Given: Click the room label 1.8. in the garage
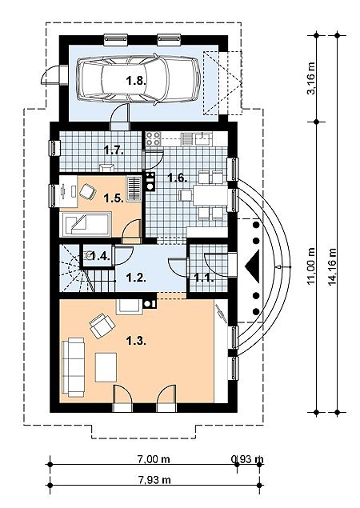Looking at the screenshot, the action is pos(137,81).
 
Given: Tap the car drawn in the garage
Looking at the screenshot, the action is pos(138,79).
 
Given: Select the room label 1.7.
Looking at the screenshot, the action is pos(114,150).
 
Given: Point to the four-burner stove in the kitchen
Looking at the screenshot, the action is pos(153,138).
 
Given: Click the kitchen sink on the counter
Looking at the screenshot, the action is pos(202,138).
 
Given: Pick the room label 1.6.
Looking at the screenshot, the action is pos(177,178).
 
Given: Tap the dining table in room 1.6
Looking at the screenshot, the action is pos(210,195).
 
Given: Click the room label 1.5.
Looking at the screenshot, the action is pos(114,198).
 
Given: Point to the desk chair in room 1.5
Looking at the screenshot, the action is pos(87,192).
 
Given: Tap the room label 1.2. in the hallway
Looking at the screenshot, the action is pos(136,278).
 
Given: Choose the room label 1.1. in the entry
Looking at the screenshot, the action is pos(204,278).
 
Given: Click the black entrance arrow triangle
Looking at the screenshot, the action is pos(254,266).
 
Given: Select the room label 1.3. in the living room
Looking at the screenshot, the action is pos(136,341).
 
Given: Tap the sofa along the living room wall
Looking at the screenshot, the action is pos(73,367).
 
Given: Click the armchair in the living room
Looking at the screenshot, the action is pos(102,325).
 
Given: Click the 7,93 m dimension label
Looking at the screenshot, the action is pos(154,480).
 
